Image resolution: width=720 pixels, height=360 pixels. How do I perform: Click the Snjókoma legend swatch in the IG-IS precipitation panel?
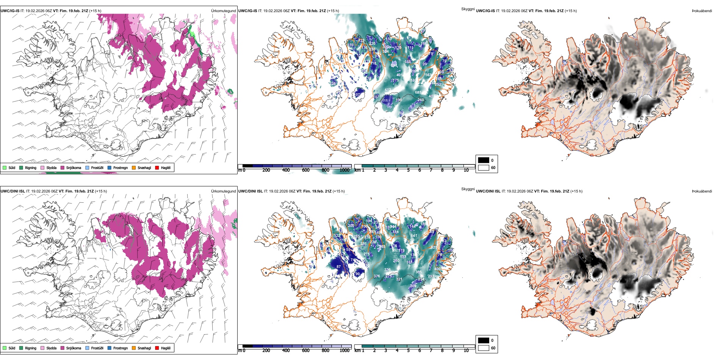click(x=63, y=167)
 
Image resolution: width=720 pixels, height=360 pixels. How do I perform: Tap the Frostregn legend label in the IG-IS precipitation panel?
click(x=120, y=167)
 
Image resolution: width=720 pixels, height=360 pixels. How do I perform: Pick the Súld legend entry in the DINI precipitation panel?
click(x=9, y=348)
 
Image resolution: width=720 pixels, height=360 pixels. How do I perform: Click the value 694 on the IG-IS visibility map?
click(x=394, y=66)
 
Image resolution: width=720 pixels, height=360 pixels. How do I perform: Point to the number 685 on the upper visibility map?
click(x=418, y=92)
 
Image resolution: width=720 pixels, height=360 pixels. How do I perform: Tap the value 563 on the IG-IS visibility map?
click(x=428, y=75)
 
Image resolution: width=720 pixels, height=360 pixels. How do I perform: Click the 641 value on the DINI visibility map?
click(x=414, y=236)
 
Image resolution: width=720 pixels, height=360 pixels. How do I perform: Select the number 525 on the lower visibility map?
click(x=434, y=247)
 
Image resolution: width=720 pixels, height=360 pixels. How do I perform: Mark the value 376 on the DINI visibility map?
click(x=377, y=276)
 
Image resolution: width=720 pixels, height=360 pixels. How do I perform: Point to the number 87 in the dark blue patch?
click(x=338, y=267)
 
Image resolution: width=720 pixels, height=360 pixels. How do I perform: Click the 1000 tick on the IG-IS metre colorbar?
click(x=344, y=170)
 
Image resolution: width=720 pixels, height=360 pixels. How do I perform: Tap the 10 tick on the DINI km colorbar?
click(x=466, y=351)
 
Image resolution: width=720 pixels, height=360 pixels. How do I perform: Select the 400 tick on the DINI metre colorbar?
click(x=286, y=351)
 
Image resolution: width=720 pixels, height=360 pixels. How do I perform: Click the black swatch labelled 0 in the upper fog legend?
click(x=484, y=160)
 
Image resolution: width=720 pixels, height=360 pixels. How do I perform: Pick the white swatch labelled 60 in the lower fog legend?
click(x=484, y=348)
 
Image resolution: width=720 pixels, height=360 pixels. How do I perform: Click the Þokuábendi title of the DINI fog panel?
click(x=702, y=191)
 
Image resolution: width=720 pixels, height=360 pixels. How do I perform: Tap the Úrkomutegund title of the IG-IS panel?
click(x=223, y=11)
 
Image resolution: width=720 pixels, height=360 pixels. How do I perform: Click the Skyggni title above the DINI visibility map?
click(x=468, y=189)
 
